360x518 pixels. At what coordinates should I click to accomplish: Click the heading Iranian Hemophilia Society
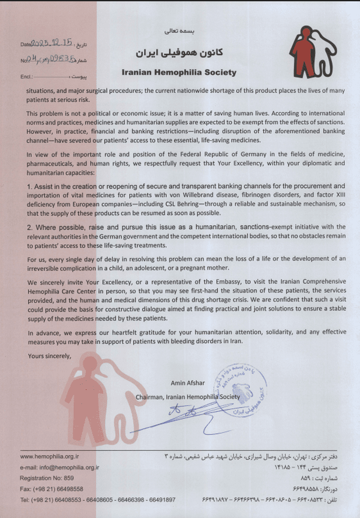pyautogui.click(x=179, y=73)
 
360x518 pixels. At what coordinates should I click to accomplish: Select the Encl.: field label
pyautogui.click(x=26, y=77)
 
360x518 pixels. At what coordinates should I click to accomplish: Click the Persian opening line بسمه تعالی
pyautogui.click(x=179, y=28)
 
